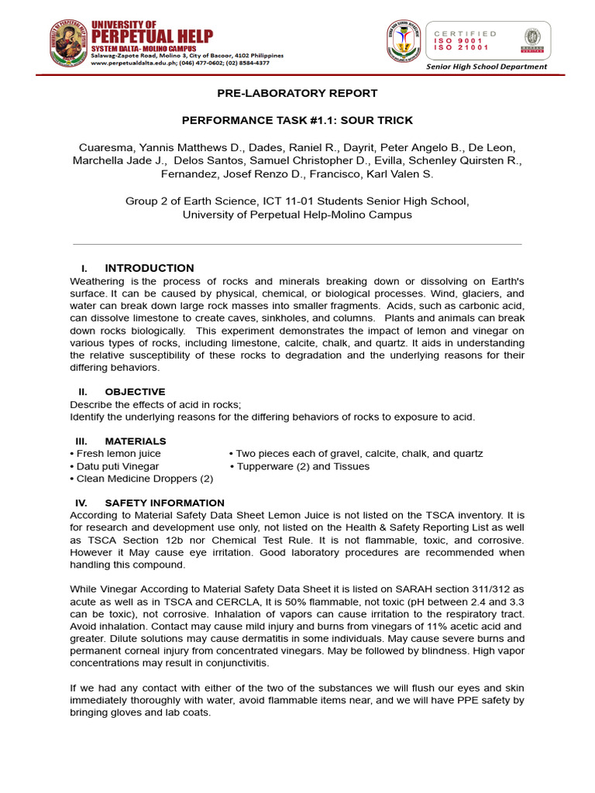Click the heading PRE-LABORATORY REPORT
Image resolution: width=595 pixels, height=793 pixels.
297,93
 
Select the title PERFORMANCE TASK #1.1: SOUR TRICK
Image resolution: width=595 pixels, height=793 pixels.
297,120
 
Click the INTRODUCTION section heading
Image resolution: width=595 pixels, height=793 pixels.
150,268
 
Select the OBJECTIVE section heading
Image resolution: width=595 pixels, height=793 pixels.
135,392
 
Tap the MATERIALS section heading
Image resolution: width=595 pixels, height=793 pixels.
136,441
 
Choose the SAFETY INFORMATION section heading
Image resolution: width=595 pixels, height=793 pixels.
164,503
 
